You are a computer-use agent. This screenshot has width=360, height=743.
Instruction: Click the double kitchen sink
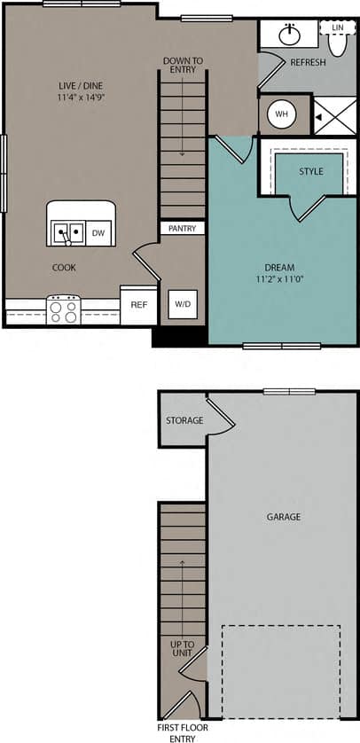click(67, 233)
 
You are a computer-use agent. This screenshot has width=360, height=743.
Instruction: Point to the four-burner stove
click(64, 310)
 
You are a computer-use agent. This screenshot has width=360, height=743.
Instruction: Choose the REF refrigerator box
click(138, 304)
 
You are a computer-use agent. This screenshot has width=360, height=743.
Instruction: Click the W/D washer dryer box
click(183, 304)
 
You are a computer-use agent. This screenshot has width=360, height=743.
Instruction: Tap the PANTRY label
click(183, 229)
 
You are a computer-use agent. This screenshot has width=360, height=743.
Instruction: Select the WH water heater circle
click(282, 114)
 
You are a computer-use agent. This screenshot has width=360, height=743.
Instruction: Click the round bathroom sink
click(289, 35)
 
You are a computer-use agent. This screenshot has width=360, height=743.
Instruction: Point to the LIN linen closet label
click(337, 28)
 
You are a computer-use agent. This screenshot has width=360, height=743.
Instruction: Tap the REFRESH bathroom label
click(308, 63)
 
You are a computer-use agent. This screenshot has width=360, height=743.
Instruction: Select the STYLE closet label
click(310, 171)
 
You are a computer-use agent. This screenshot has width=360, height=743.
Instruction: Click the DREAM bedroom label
click(279, 267)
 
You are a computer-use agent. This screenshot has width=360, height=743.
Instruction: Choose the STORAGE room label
click(184, 420)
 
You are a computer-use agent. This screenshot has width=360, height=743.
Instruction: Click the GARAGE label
click(283, 517)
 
